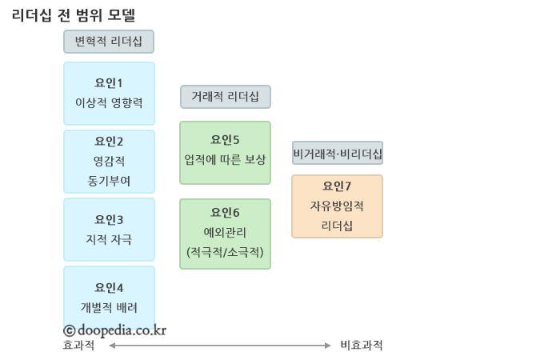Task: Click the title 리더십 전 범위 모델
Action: [74, 14]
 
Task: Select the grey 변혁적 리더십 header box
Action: [109, 42]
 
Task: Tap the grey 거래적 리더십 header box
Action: [225, 97]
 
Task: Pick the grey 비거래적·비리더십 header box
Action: [337, 153]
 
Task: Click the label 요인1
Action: [109, 82]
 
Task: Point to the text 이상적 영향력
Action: [109, 102]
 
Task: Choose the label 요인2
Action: [109, 142]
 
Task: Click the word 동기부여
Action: [109, 181]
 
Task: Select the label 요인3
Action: [109, 219]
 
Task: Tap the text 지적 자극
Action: [109, 239]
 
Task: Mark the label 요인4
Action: [109, 287]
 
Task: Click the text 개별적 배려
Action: [109, 307]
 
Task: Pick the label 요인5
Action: [225, 139]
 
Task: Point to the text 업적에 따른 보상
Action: [225, 159]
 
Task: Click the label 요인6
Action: [225, 212]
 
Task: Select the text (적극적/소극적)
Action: [225, 252]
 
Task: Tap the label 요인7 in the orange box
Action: [337, 186]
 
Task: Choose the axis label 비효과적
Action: [362, 346]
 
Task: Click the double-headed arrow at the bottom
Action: [219, 346]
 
